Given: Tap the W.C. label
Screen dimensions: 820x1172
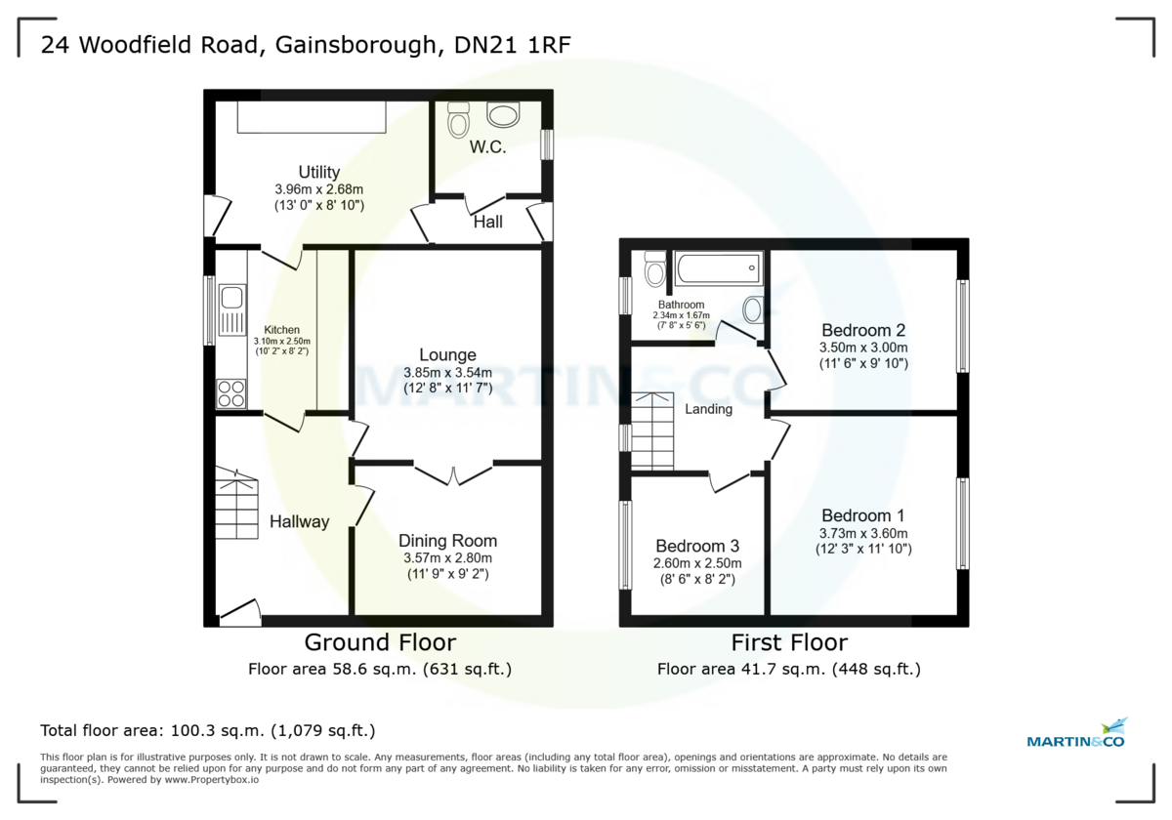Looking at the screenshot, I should [x=485, y=148].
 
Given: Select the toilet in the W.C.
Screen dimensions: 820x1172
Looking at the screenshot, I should [x=458, y=120].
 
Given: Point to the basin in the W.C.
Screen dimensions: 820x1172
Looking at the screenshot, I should [x=505, y=116].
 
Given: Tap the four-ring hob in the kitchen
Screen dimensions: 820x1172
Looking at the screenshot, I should [x=231, y=393].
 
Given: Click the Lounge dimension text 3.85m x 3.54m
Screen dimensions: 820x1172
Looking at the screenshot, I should [x=447, y=372].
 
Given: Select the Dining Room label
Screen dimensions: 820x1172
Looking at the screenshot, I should [x=447, y=541].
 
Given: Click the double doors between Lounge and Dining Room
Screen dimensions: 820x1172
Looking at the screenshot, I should [x=452, y=473].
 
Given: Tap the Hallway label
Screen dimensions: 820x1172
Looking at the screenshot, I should [x=299, y=521].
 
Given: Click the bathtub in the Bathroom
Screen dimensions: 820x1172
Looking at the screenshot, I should [x=717, y=267].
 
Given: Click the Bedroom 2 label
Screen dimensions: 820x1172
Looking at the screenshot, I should [x=863, y=329].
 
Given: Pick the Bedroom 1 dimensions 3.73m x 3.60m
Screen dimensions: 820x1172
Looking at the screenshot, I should [x=863, y=533].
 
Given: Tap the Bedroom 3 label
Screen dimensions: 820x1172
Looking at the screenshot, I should [x=697, y=546].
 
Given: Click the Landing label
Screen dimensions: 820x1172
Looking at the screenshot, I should [x=708, y=409].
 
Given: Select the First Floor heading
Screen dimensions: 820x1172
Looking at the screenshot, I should [x=789, y=642].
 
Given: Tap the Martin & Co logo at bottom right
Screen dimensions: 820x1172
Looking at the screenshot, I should [x=1076, y=734].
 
